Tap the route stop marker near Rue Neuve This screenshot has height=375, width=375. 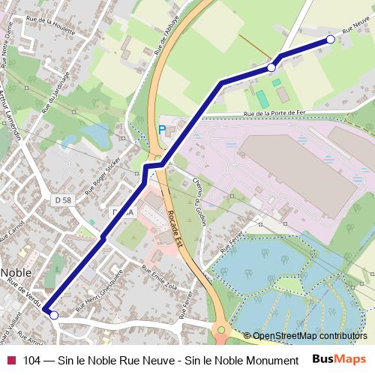(330, 40)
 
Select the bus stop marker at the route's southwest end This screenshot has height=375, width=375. (53, 316)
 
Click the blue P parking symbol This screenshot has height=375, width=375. (161, 129)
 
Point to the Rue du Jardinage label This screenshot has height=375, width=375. (55, 93)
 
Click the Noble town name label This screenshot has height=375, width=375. (15, 272)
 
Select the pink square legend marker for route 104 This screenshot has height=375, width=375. (10, 360)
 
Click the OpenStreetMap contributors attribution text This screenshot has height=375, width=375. (309, 335)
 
